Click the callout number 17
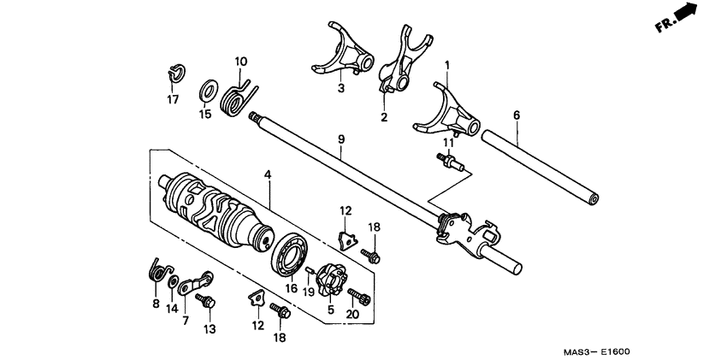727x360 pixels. point(173,99)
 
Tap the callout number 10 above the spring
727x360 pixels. point(240,62)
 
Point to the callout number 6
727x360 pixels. point(516,115)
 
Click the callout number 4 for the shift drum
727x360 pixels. point(268,174)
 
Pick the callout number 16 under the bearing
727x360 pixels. point(292,289)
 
